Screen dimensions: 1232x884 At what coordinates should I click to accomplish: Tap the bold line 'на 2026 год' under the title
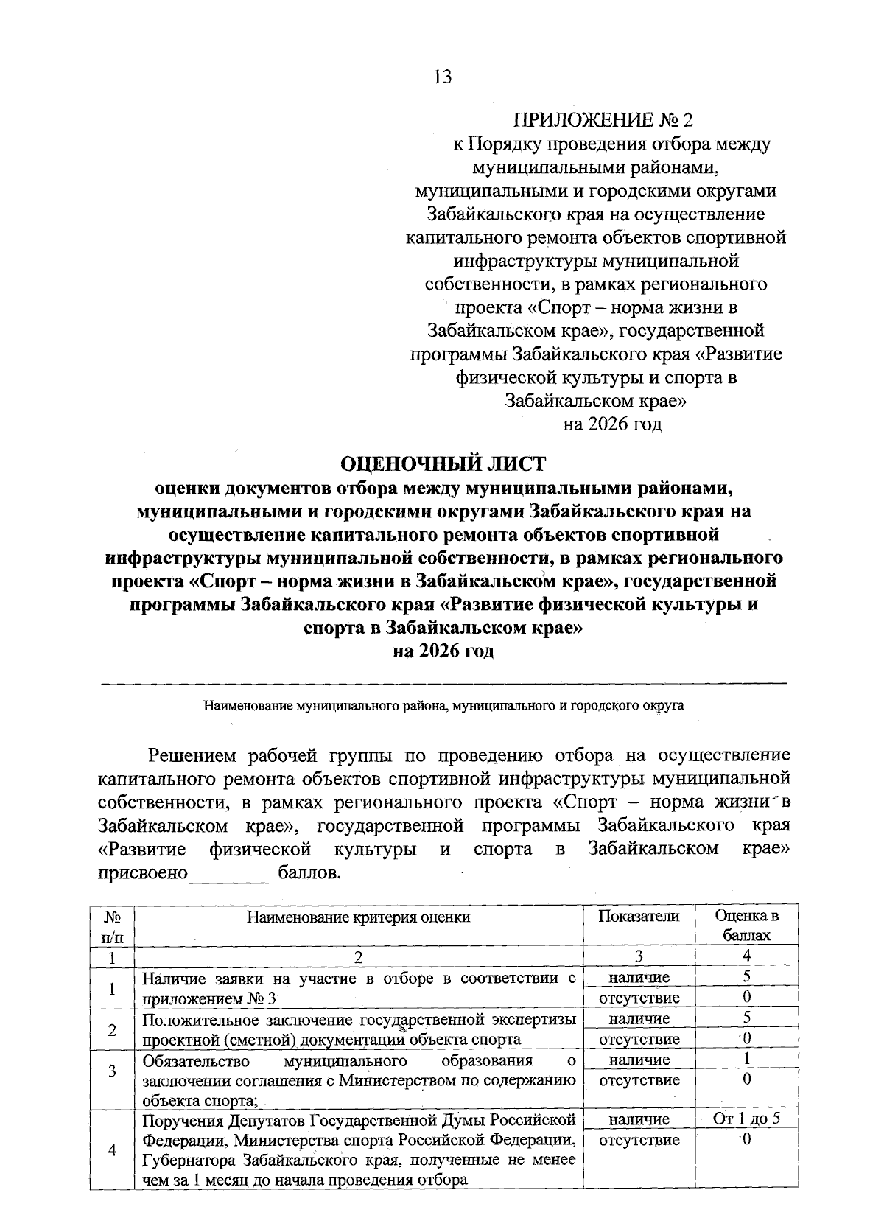click(x=442, y=651)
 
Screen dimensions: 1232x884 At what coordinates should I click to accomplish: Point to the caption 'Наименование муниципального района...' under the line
click(x=443, y=705)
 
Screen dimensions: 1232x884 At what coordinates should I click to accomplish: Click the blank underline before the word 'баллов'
click(x=230, y=874)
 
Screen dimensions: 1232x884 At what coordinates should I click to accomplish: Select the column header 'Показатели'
click(x=638, y=916)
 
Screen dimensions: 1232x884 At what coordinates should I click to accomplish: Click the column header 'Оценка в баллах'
click(x=746, y=925)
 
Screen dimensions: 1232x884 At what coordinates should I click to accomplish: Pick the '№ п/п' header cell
click(x=112, y=926)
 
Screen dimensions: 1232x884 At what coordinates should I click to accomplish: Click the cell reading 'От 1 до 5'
click(x=746, y=1119)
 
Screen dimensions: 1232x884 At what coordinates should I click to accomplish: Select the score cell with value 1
click(x=746, y=1060)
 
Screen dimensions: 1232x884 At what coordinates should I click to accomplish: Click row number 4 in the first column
click(x=112, y=1150)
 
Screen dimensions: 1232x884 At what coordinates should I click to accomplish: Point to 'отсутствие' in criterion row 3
click(x=638, y=1080)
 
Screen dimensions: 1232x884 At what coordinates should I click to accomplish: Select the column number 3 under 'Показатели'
click(x=638, y=956)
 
